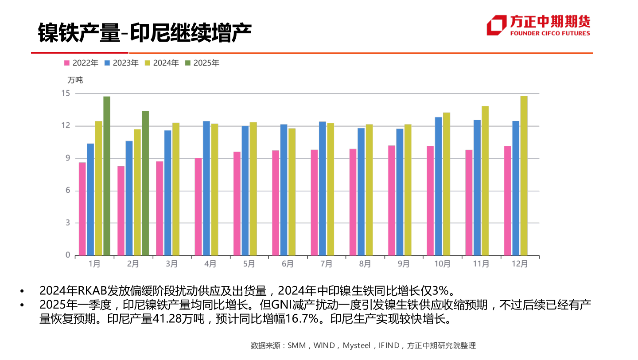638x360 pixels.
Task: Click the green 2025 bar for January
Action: coord(107,176)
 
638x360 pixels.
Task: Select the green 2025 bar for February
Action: coord(145,183)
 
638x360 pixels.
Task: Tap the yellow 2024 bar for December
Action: coord(524,176)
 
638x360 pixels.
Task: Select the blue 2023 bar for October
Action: coord(439,186)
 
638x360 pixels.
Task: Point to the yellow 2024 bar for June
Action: coord(292,192)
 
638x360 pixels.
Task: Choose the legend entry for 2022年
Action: coord(82,63)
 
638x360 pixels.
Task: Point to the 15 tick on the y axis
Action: coord(66,93)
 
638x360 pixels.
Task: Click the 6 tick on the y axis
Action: coord(68,191)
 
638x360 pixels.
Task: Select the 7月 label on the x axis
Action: coord(326,264)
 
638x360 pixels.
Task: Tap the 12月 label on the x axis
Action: coord(520,264)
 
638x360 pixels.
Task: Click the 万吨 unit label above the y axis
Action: coord(75,80)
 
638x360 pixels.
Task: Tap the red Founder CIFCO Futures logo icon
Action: coord(496,25)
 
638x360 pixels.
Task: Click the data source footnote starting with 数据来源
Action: coord(363,345)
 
